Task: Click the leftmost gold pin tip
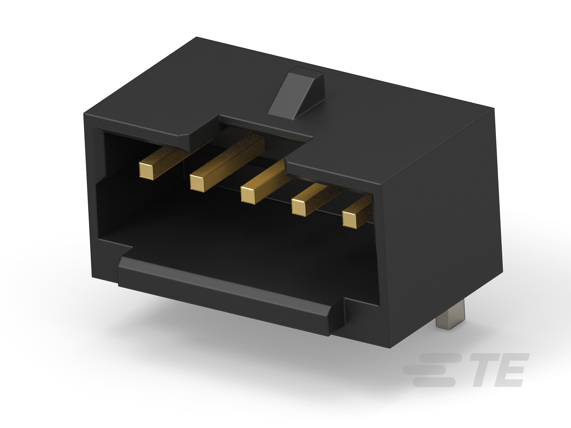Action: pos(146,171)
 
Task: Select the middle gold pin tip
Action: pos(248,195)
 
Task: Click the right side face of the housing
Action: pos(439,232)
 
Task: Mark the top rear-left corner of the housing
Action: pos(197,38)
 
